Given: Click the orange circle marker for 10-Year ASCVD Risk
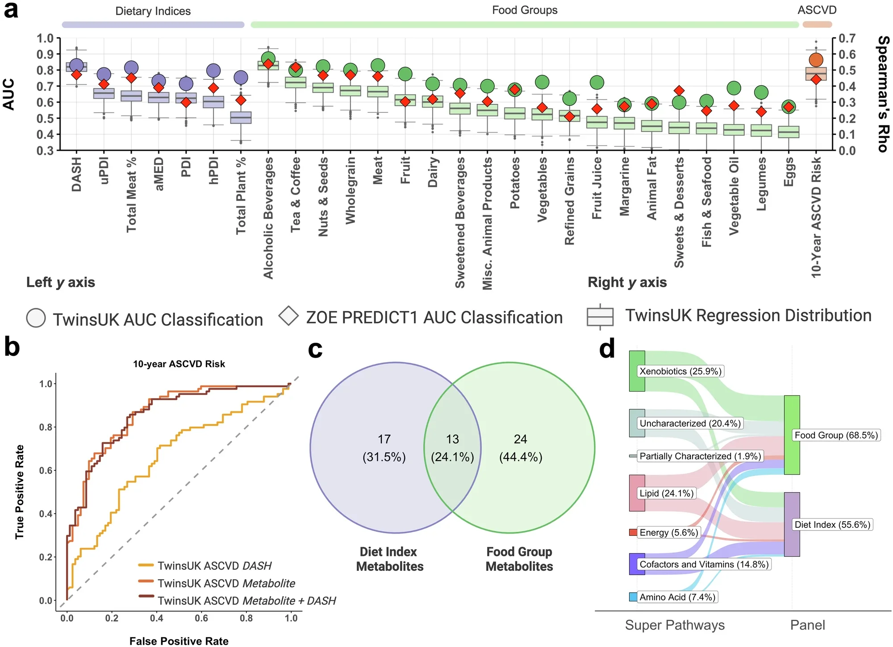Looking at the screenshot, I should coord(816,60).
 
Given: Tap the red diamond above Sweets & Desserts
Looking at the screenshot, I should coord(679,91).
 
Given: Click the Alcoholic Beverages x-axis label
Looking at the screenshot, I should coord(268,218).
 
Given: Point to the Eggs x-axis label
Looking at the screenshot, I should coord(789,172).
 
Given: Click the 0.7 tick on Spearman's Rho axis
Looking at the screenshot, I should coord(847,38).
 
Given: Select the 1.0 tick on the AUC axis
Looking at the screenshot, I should coord(45,38).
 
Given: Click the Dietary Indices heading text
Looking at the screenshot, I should coord(153,11).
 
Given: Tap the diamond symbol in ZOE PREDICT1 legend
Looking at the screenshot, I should coord(288,316).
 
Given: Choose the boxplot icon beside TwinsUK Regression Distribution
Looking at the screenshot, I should coord(600,316).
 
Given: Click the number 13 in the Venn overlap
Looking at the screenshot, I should coord(452,439).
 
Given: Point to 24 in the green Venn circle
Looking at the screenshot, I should coord(520,439).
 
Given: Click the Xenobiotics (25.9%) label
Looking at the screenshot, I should coord(680,371).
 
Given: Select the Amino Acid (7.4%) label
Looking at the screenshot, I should coord(677,597).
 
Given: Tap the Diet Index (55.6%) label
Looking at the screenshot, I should coord(832,525).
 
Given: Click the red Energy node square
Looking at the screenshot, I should coord(633,532).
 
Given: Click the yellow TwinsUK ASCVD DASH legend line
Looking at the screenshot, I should coord(146,565).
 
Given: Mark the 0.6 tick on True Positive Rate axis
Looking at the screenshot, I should coord(46,470).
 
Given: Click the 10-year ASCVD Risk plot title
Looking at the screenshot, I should coord(179,364).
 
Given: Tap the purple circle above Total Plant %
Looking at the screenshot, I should coord(241,78).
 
